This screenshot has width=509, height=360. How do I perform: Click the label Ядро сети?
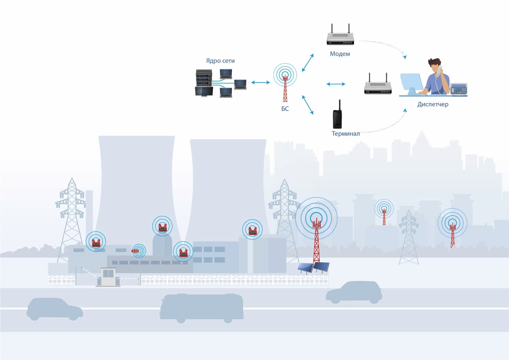click(220, 61)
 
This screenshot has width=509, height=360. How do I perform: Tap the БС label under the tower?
click(285, 109)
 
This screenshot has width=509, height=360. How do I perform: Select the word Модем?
click(340, 54)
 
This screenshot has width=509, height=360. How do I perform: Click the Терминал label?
click(346, 134)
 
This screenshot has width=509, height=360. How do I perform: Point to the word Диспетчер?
click(433, 104)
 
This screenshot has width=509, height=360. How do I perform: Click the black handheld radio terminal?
click(337, 116)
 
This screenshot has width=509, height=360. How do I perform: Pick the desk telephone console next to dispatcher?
click(459, 89)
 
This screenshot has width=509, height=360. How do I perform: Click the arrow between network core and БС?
click(260, 82)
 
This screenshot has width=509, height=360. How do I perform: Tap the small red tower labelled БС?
click(285, 88)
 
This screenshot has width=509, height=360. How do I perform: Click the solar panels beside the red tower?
click(313, 267)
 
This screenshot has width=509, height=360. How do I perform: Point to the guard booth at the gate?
click(108, 277)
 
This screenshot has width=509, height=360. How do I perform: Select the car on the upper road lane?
click(354, 292)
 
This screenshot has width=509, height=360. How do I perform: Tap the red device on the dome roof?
click(163, 227)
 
